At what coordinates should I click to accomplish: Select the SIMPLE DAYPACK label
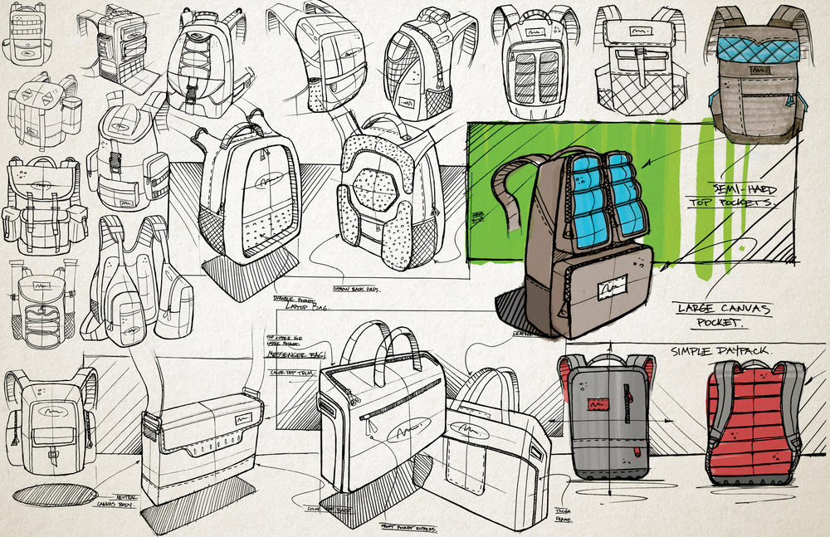721,351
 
